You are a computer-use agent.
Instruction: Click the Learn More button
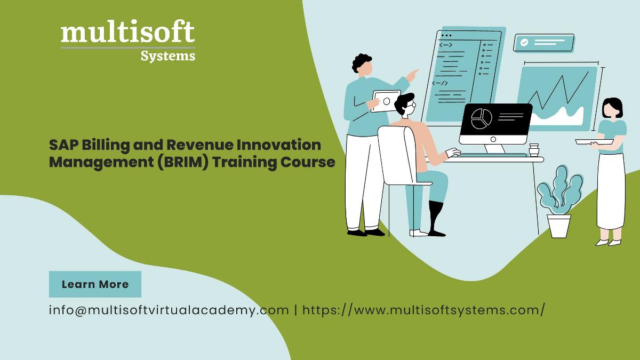[95, 284]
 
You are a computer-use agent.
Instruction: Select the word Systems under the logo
[168, 56]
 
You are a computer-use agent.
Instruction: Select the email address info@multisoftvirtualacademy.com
[169, 310]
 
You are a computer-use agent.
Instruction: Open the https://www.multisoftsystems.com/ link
[423, 310]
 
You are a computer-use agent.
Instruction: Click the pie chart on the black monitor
[482, 118]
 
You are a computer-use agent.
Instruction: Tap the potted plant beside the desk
[559, 202]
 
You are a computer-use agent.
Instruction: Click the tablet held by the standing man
[386, 101]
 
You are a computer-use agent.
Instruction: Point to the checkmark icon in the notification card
[524, 43]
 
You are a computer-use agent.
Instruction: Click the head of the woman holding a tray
[612, 108]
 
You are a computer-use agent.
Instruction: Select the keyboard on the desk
[493, 155]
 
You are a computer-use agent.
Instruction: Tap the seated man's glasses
[411, 105]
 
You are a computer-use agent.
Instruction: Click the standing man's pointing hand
[412, 75]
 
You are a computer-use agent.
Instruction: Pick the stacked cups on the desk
[534, 150]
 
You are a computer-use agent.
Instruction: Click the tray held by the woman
[594, 142]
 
